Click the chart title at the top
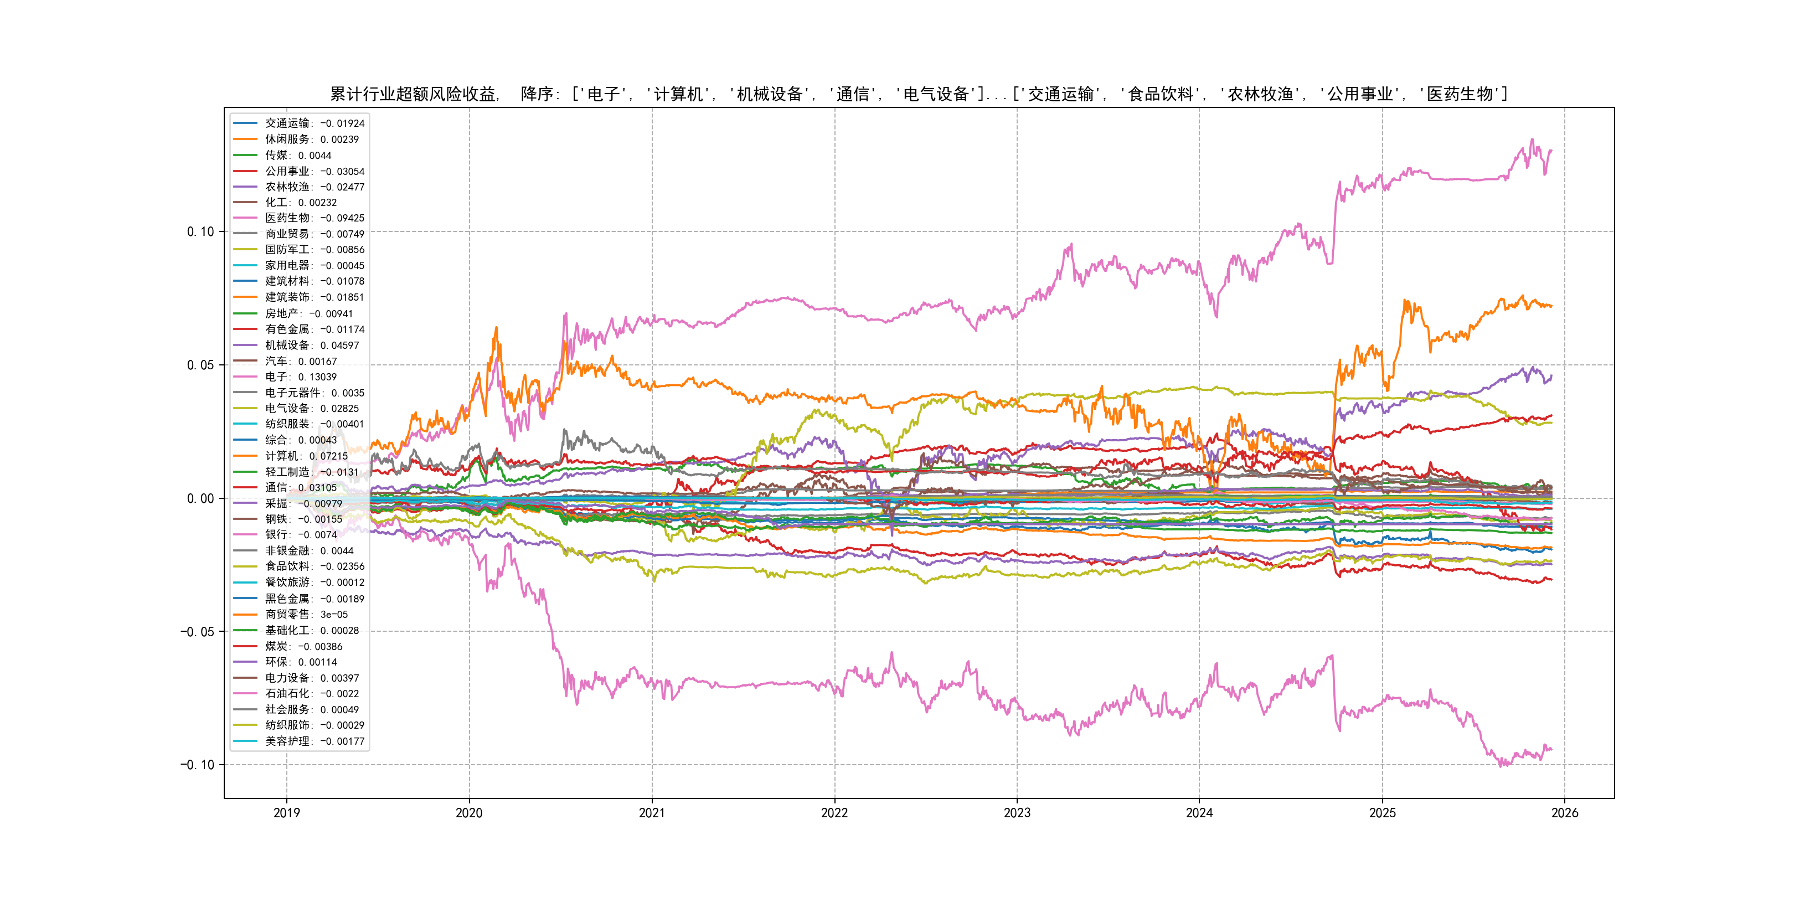(919, 94)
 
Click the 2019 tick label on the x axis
(286, 813)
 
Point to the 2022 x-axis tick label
(834, 813)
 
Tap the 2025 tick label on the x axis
(1383, 813)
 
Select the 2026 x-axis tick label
(1565, 813)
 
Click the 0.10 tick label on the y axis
(200, 232)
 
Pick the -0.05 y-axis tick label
(197, 632)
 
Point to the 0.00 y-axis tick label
(200, 499)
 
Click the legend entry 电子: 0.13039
(300, 377)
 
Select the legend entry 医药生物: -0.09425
(314, 218)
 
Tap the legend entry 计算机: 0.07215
(306, 456)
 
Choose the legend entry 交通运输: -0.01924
(314, 123)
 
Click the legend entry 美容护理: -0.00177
(314, 741)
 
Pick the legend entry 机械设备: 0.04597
(311, 346)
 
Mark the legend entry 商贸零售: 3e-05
(306, 614)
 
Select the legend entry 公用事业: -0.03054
(314, 171)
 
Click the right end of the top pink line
(1551, 151)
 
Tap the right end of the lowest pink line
(1551, 749)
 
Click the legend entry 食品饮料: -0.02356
(314, 566)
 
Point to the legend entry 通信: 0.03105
(300, 487)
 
